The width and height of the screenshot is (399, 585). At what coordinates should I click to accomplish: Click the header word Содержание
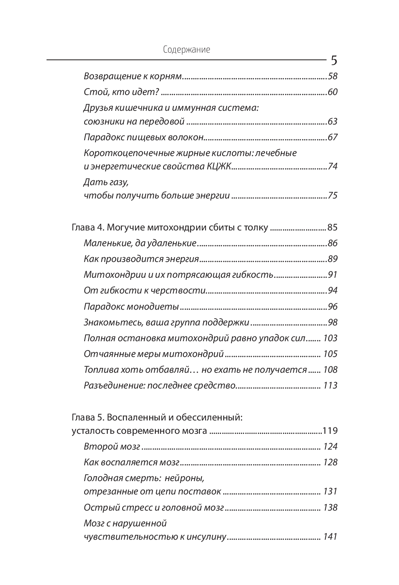tap(187, 50)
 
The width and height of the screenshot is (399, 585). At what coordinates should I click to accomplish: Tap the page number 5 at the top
tap(334, 61)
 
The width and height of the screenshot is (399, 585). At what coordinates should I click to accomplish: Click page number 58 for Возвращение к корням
tap(332, 76)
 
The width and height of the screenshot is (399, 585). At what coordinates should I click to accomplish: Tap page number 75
tap(332, 196)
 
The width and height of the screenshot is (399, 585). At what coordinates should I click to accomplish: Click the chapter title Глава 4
tap(88, 228)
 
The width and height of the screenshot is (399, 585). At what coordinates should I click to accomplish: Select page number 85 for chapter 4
tap(332, 228)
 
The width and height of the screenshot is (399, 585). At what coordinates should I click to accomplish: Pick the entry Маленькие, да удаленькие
tap(140, 243)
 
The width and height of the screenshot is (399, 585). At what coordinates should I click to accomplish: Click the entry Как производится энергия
tap(141, 259)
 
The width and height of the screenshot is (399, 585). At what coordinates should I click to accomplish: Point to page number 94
tap(332, 291)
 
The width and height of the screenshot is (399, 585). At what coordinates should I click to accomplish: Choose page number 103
tap(330, 338)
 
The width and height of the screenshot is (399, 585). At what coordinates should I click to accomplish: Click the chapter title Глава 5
tap(88, 417)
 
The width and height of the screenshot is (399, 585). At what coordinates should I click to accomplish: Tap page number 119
tap(329, 431)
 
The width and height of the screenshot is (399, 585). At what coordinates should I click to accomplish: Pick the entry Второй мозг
tap(112, 447)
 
